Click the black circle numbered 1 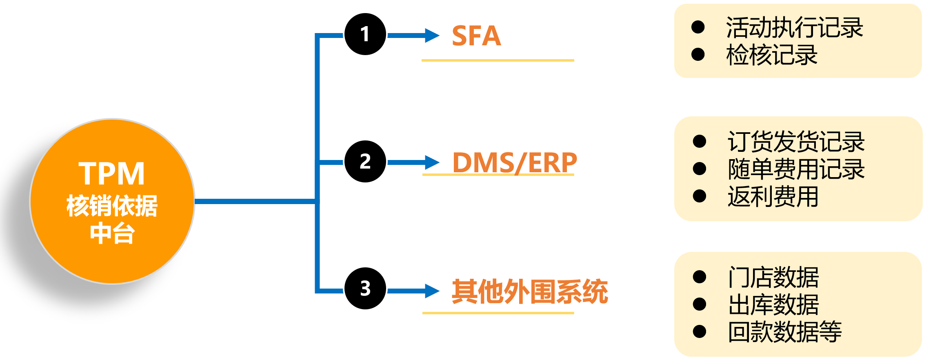coord(365,34)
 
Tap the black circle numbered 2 coord(365,161)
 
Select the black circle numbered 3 coord(365,288)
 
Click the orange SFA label coord(476,36)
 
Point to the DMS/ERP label coord(515,162)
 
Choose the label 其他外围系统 coord(529,291)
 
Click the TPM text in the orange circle coord(111,174)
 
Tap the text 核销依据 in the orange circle coord(112,206)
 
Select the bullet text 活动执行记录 coord(794,28)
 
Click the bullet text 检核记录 coord(771,55)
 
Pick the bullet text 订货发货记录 coord(796,142)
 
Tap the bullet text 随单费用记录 coord(796,169)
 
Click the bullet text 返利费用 coord(773,196)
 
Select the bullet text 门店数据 coord(773,277)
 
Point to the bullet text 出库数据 coord(773,304)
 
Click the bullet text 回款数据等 coord(784,331)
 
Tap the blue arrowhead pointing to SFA coord(432,36)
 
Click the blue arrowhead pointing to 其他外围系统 coord(432,291)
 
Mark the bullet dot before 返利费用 coord(700,196)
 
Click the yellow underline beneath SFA coord(498,60)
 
